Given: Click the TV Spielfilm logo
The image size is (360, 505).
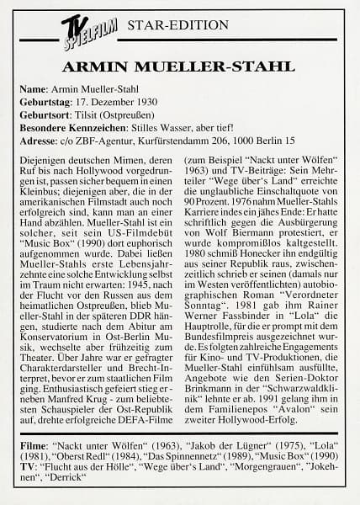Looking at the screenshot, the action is coord(82,33).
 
